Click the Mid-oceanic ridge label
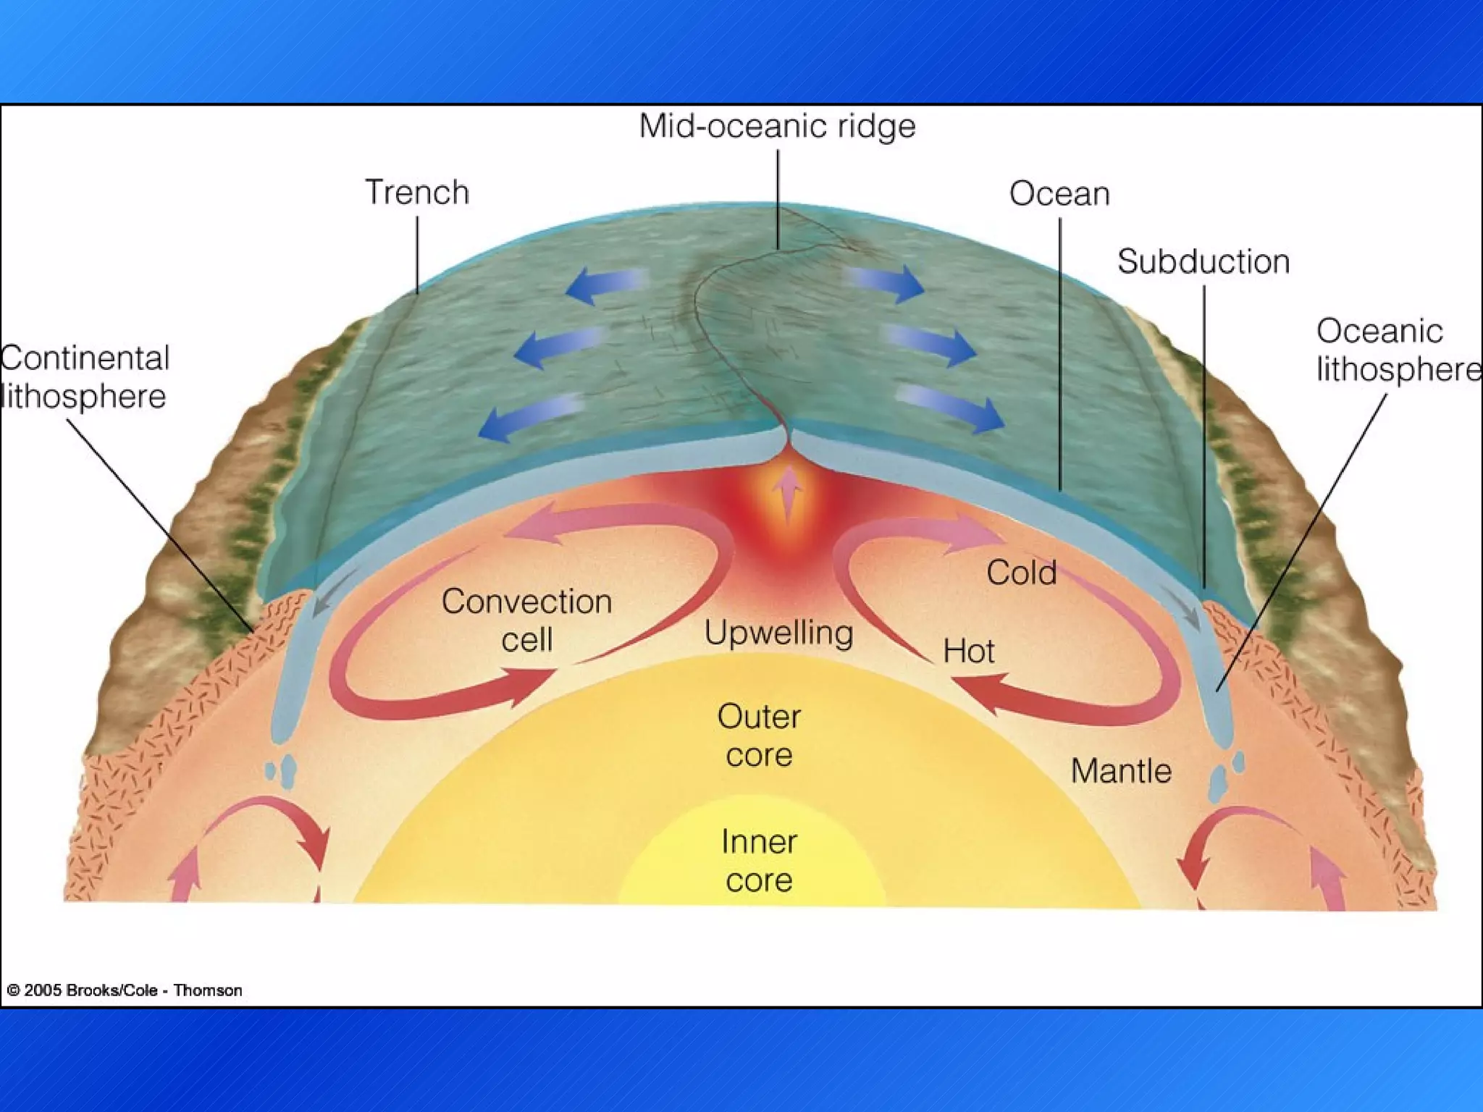point(777,126)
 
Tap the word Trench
point(417,193)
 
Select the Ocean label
point(1059,194)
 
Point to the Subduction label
point(1203,261)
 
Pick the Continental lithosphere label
point(85,377)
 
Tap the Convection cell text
point(526,620)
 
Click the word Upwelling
point(778,633)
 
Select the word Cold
point(1021,573)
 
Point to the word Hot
point(968,652)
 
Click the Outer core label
point(759,736)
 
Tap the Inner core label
point(759,861)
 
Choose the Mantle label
point(1121,771)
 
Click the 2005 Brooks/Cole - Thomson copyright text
point(125,990)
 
